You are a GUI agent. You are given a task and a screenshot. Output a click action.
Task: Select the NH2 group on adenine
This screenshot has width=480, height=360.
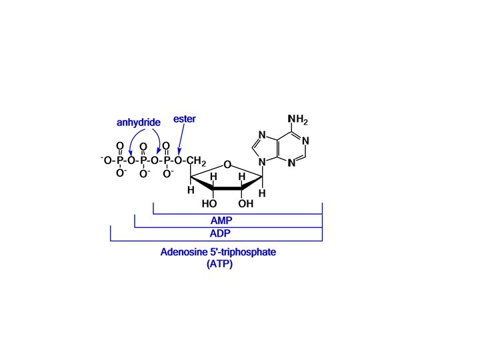point(297,121)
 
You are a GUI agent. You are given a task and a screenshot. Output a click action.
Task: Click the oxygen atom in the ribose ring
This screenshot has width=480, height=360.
point(227,165)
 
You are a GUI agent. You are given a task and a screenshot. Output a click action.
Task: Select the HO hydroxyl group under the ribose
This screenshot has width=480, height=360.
point(209,204)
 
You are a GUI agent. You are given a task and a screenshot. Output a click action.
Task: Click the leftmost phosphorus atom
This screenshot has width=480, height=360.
point(120,161)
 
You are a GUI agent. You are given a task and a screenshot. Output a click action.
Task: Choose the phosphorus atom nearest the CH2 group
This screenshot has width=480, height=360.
point(166,161)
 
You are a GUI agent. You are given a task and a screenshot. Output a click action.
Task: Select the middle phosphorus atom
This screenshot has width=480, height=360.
point(143,161)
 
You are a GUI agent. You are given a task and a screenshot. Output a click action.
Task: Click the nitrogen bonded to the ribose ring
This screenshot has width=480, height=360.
point(263,161)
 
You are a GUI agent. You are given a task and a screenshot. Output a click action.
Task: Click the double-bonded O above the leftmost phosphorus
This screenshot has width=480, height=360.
point(120,145)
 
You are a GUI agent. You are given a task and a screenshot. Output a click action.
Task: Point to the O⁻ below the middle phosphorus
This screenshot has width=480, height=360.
point(144,175)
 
